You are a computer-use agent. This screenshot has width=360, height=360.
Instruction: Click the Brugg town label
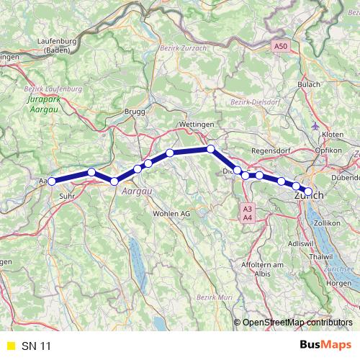point(135,112)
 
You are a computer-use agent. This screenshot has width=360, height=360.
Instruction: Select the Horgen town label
point(338,283)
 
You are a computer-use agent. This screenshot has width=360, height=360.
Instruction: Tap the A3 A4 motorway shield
point(247,212)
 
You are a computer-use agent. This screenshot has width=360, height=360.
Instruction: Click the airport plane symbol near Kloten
point(316,127)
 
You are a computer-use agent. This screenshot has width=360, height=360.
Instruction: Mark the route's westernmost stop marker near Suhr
point(52,181)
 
